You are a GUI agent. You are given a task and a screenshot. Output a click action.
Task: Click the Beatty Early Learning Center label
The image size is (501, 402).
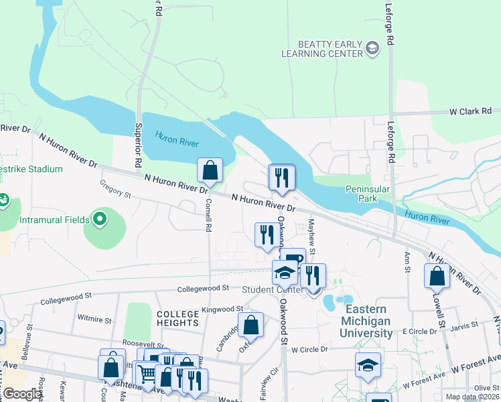321,48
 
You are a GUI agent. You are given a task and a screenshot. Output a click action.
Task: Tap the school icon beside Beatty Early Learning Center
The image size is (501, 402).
372,48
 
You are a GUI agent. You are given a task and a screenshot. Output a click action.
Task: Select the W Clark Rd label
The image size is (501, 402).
470,111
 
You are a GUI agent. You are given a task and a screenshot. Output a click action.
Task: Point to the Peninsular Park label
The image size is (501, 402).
367,194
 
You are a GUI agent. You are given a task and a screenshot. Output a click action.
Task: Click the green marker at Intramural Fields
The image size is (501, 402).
100,218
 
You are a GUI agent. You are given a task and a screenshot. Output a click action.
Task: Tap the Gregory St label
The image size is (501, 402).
114,192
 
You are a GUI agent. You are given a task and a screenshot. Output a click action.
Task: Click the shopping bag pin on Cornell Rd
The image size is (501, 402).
210,170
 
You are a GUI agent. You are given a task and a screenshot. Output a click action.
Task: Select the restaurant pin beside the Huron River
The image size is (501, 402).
281,177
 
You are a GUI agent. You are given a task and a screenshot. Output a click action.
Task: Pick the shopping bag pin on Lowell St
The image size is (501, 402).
437,275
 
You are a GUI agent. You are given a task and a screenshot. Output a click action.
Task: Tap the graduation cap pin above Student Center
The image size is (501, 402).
285,274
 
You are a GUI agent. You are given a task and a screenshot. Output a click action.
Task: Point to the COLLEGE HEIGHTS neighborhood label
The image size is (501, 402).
178,318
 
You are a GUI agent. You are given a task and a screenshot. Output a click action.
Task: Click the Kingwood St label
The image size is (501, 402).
222,309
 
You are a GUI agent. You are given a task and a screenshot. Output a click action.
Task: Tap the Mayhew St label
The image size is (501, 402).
311,230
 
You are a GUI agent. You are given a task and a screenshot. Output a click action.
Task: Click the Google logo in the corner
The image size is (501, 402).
22,394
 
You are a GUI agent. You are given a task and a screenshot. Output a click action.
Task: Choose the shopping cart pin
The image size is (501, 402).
147,373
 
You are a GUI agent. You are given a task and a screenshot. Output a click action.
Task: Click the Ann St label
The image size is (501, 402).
407,263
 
